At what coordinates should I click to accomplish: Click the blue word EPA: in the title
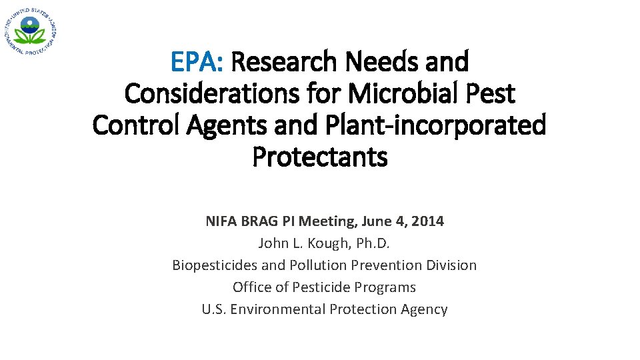pyautogui.click(x=197, y=63)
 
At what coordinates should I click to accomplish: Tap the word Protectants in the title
pyautogui.click(x=320, y=157)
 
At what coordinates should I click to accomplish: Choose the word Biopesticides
pyautogui.click(x=215, y=265)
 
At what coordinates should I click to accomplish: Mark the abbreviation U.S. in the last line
pyautogui.click(x=214, y=309)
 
